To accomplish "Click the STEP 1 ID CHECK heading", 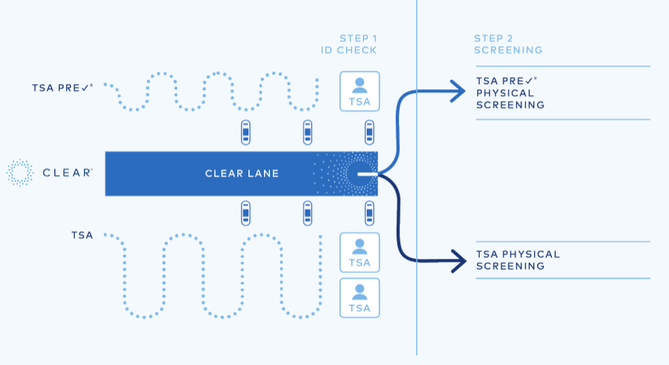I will (x=344, y=44).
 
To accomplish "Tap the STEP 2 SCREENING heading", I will (x=508, y=44).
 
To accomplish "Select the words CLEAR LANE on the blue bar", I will (x=242, y=174).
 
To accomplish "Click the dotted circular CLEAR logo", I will (x=20, y=173).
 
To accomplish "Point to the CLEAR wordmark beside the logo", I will (x=67, y=173).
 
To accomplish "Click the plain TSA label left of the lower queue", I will (x=83, y=235).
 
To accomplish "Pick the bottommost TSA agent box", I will (x=359, y=298).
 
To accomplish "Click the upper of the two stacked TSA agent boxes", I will (x=359, y=253).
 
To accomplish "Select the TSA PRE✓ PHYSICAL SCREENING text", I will (x=509, y=93).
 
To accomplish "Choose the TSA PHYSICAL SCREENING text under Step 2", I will (x=518, y=260).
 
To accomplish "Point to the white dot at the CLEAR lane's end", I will (x=360, y=174).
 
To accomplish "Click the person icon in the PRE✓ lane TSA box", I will (x=359, y=83).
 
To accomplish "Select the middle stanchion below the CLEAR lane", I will (x=307, y=214).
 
